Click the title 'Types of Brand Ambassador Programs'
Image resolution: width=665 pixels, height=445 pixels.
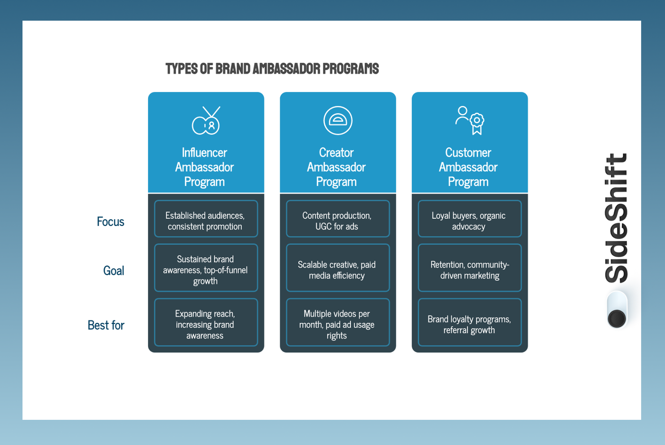pos(272,69)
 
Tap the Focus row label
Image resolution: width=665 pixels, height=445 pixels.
pos(110,222)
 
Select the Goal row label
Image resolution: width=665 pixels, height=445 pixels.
pos(114,271)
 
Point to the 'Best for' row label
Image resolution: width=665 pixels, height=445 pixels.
pos(106,325)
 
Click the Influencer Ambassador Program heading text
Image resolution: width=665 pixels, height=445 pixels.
pos(205,167)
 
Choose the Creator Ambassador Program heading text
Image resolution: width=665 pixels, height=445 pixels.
pos(336,167)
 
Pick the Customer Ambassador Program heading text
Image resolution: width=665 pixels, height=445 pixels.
pos(468,167)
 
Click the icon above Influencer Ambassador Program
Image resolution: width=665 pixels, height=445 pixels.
pos(206,120)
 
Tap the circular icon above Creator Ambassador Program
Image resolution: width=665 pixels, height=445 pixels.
pos(338,120)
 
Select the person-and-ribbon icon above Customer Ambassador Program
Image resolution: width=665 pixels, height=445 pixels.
pos(470,120)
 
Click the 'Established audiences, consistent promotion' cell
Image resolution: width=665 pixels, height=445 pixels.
pos(206,219)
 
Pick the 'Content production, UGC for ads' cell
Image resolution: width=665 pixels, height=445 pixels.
pos(337,219)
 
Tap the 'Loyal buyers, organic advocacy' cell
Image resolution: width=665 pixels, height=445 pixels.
pos(469,219)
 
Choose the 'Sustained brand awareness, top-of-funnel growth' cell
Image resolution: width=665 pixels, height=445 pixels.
pos(206,268)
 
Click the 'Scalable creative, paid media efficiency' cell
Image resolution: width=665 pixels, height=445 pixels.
pos(337,268)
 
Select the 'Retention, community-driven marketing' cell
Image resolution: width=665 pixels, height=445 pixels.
pos(469,268)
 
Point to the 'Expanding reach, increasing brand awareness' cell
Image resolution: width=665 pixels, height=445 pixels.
pos(206,323)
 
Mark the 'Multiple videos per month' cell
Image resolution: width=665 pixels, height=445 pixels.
pos(337,323)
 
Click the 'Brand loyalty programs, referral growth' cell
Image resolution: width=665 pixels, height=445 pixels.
pos(469,323)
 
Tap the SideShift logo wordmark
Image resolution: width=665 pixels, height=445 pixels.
pos(617,218)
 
